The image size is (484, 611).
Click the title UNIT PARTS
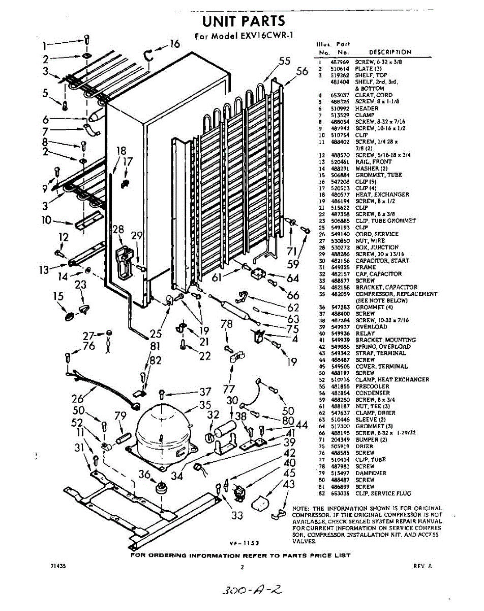point(244,21)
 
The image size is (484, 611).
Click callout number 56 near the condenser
point(302,71)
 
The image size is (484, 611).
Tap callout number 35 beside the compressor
point(205,405)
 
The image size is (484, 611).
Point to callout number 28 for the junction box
point(118,230)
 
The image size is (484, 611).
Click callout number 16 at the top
point(174,44)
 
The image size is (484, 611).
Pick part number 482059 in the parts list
point(339,294)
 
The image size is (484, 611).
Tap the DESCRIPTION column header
point(390,52)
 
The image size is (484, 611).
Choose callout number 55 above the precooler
point(285,62)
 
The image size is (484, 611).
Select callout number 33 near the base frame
point(237,515)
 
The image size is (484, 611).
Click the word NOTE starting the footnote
point(301,509)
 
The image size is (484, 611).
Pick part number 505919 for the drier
point(339,446)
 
